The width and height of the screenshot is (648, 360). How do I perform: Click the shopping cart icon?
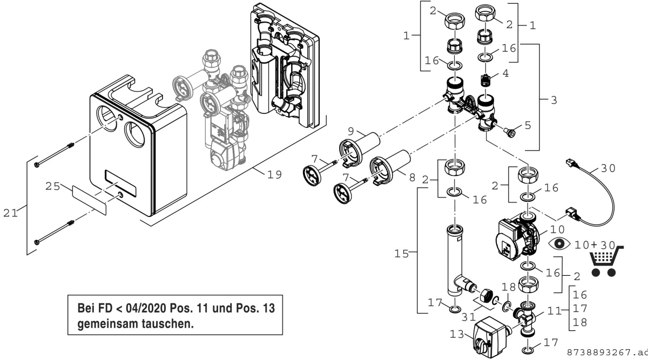click(x=605, y=262)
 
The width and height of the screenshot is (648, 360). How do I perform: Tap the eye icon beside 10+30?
click(x=558, y=244)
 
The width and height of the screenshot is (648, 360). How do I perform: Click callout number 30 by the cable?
click(x=608, y=168)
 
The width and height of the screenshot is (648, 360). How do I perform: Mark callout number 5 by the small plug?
click(x=528, y=125)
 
